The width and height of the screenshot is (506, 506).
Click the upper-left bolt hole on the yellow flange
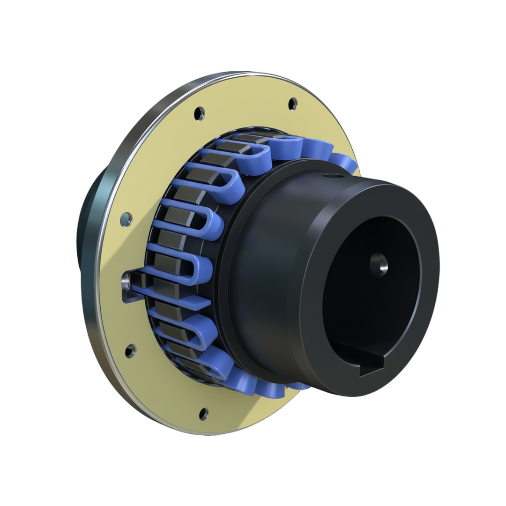200,113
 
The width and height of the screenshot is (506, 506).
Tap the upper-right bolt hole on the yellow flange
293,104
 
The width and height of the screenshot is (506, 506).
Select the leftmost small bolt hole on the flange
126,219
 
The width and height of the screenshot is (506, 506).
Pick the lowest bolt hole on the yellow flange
203,414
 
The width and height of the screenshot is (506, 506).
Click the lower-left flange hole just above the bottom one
131,350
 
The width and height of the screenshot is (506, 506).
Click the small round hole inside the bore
379,264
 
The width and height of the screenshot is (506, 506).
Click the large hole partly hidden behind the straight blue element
126,283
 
